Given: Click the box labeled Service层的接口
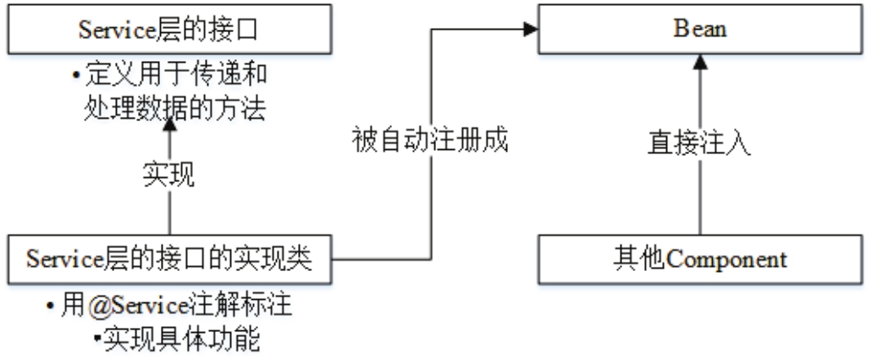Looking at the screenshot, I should tap(169, 30).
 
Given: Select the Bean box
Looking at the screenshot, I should tap(699, 30).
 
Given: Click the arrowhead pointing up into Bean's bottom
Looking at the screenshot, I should tap(699, 61).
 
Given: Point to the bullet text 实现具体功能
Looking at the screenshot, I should tap(180, 340).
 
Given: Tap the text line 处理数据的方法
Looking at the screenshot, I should tap(169, 108).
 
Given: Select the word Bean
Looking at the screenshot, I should tap(699, 30).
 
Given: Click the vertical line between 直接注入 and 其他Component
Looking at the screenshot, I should tap(699, 203).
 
